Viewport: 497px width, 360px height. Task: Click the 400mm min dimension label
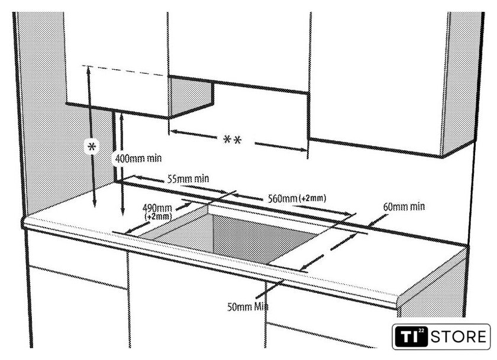(x=138, y=158)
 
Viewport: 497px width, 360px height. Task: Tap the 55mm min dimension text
(x=188, y=179)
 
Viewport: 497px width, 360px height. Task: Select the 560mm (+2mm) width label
(x=296, y=199)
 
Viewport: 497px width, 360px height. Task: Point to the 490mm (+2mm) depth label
(x=157, y=212)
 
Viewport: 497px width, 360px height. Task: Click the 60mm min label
(x=404, y=207)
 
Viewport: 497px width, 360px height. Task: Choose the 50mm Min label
(x=247, y=307)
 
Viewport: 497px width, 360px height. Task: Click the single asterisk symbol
(x=92, y=147)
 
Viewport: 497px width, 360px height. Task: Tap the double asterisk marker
(x=233, y=140)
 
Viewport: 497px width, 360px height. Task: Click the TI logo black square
(x=411, y=336)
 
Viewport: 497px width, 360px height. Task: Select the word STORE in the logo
(x=459, y=336)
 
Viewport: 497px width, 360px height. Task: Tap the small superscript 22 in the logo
(x=421, y=331)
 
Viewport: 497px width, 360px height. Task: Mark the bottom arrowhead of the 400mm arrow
(x=123, y=212)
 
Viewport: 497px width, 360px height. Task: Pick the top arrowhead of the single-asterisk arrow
(x=89, y=72)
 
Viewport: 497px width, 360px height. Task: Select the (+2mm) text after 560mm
(x=312, y=199)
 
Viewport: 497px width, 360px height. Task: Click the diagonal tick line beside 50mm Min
(x=270, y=289)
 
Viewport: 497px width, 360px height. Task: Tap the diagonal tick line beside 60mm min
(x=377, y=220)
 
